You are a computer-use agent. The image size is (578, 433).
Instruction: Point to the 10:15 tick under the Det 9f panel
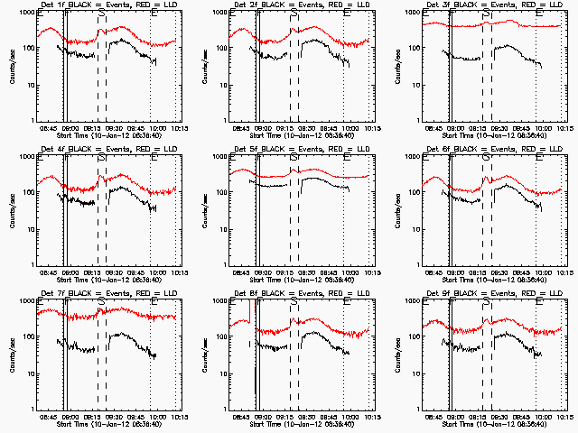(x=562, y=417)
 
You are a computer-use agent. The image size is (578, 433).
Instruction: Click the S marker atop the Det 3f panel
(x=487, y=14)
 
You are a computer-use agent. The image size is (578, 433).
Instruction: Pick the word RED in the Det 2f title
(x=332, y=6)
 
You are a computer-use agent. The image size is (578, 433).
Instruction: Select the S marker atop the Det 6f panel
(x=487, y=157)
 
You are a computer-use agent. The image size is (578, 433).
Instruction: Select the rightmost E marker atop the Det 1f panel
(x=154, y=14)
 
